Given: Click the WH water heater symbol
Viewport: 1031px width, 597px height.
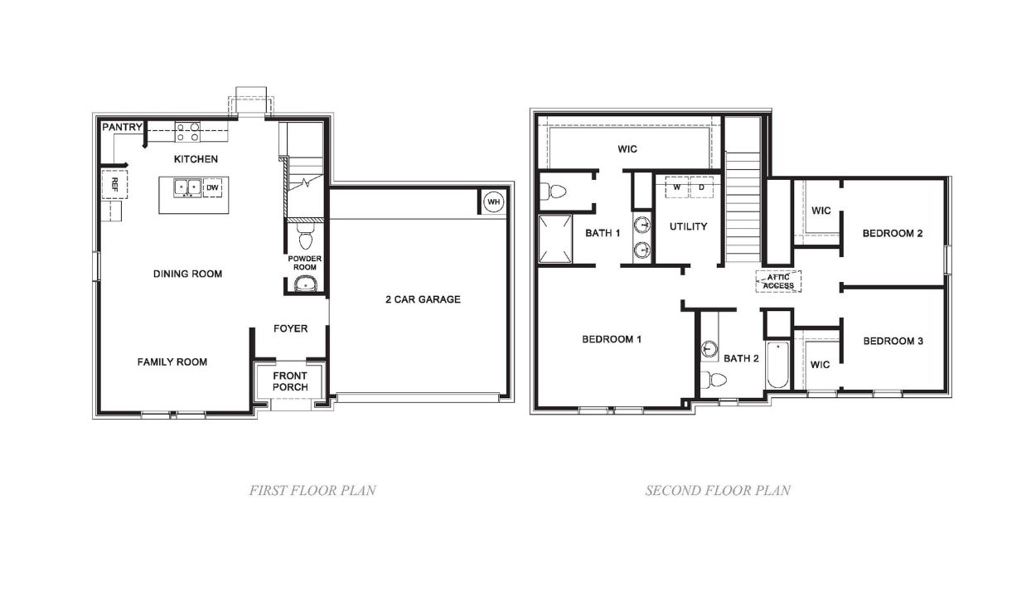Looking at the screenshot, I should pyautogui.click(x=494, y=201).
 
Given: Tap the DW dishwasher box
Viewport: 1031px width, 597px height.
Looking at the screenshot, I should pyautogui.click(x=212, y=188).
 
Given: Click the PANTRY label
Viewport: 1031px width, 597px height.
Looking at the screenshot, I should pyautogui.click(x=122, y=128).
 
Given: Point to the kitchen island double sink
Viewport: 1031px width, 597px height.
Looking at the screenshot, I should pyautogui.click(x=186, y=188).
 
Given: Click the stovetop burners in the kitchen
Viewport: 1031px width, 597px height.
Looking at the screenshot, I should pyautogui.click(x=187, y=131).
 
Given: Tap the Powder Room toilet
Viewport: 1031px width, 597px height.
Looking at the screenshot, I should pyautogui.click(x=304, y=236).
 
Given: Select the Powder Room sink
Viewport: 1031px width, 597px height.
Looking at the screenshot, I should pyautogui.click(x=306, y=285).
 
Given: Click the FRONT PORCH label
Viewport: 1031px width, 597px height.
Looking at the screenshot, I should pyautogui.click(x=290, y=381).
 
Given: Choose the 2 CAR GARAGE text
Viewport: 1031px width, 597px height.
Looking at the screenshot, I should pyautogui.click(x=423, y=299).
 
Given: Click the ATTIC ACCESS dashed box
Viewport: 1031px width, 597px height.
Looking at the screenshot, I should pyautogui.click(x=778, y=281).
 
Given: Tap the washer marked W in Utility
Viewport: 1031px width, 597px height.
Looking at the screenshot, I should pyautogui.click(x=677, y=187).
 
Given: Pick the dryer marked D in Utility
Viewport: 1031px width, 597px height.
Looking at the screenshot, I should pyautogui.click(x=701, y=187).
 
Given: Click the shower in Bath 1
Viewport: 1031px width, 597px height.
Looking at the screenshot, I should pyautogui.click(x=556, y=239).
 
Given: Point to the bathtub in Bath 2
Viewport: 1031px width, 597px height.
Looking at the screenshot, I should pyautogui.click(x=777, y=365).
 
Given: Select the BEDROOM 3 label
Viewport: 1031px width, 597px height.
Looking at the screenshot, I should pyautogui.click(x=893, y=341).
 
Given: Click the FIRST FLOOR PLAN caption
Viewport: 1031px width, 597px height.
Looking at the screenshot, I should pyautogui.click(x=312, y=490).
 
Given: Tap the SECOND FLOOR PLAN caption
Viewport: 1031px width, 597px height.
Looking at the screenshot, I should pyautogui.click(x=718, y=490).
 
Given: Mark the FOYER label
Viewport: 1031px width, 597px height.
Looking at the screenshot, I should pyautogui.click(x=290, y=328).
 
